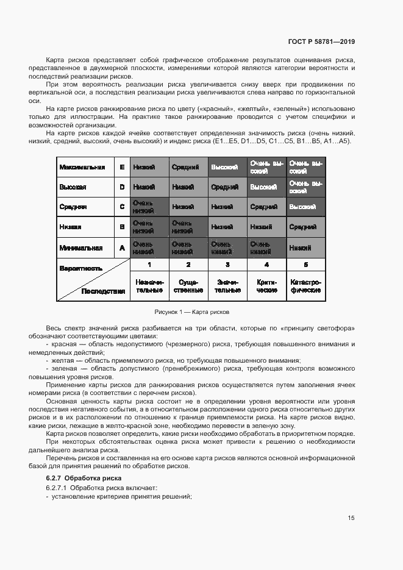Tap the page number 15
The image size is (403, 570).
point(351,518)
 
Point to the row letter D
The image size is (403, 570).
point(122,187)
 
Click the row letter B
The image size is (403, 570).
point(122,227)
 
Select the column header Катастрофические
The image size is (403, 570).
point(305,287)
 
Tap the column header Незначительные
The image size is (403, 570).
point(149,287)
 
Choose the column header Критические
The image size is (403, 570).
point(266,287)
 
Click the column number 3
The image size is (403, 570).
point(227,265)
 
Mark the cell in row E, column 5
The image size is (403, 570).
point(305,167)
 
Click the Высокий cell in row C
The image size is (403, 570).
point(305,207)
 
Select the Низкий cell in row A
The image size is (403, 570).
point(305,248)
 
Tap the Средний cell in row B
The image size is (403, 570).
point(305,227)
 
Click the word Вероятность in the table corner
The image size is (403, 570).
point(80,268)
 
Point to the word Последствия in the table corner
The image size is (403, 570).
point(103,291)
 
